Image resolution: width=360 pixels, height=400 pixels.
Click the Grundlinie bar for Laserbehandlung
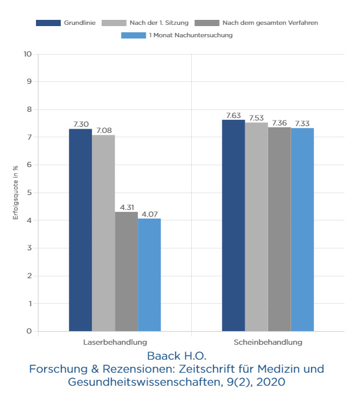(x=80, y=230)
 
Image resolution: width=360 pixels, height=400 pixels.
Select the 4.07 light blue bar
(x=150, y=275)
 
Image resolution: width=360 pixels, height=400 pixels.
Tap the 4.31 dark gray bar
(x=127, y=271)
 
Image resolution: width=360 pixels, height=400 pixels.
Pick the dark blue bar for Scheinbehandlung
(x=233, y=225)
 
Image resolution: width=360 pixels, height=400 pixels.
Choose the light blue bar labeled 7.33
(x=302, y=230)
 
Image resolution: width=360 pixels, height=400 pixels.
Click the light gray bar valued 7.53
(x=256, y=227)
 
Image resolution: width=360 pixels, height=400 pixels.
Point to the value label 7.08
(x=104, y=130)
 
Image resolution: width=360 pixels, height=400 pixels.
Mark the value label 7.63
(x=233, y=116)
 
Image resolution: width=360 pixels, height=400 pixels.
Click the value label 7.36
(x=279, y=123)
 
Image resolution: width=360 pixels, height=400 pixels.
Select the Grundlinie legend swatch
(x=48, y=23)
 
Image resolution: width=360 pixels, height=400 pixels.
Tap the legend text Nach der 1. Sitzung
(x=159, y=23)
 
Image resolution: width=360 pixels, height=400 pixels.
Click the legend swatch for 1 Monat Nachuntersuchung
(x=133, y=35)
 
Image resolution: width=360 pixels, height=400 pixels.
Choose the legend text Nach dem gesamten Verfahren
(x=270, y=23)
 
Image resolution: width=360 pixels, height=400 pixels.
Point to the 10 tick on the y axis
(x=28, y=54)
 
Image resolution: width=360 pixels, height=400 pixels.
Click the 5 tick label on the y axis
(x=30, y=193)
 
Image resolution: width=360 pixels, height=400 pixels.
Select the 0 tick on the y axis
(x=29, y=331)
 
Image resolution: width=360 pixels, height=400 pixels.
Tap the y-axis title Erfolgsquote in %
(x=16, y=193)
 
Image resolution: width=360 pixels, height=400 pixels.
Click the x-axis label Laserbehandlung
(x=115, y=342)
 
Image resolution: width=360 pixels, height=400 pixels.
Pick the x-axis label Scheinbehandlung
(x=268, y=342)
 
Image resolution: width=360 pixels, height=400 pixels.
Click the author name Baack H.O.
(x=177, y=356)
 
